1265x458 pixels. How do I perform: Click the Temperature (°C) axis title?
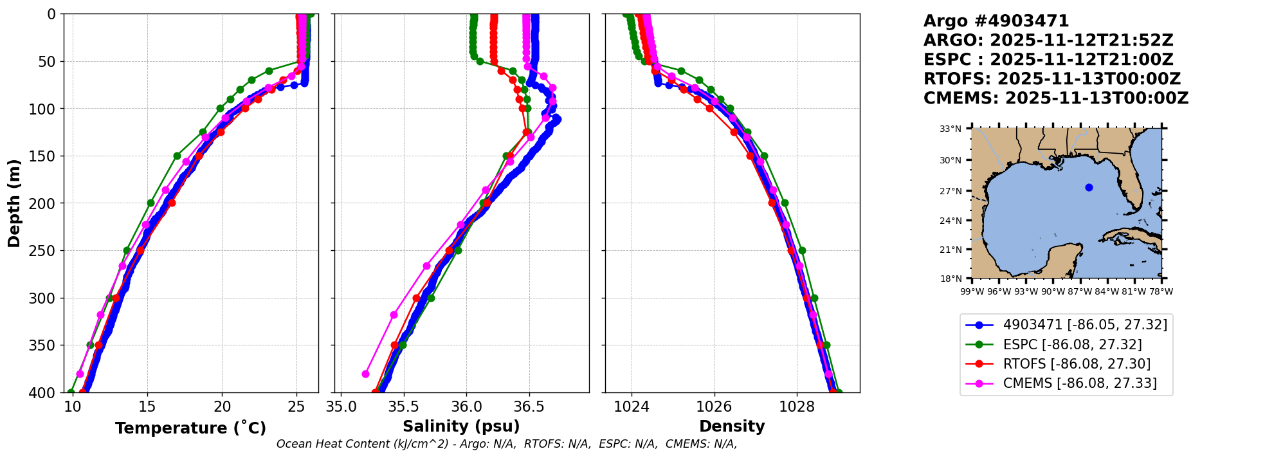(x=190, y=428)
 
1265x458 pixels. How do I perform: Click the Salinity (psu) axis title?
(x=461, y=426)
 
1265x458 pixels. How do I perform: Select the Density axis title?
(x=732, y=426)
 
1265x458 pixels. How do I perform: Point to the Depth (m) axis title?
(x=14, y=203)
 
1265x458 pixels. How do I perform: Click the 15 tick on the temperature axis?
(x=147, y=407)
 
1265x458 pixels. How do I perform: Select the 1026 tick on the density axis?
(x=714, y=407)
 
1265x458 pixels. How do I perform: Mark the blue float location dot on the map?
(x=1089, y=188)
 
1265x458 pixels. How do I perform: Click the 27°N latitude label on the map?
(x=951, y=191)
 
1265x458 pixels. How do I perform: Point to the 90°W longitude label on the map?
(x=1053, y=291)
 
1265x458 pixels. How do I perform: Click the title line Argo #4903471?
(x=996, y=21)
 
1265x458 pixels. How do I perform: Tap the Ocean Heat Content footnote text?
(x=507, y=444)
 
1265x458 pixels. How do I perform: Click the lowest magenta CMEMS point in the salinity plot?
(x=365, y=374)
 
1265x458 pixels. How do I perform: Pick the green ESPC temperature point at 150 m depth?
(x=177, y=156)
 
